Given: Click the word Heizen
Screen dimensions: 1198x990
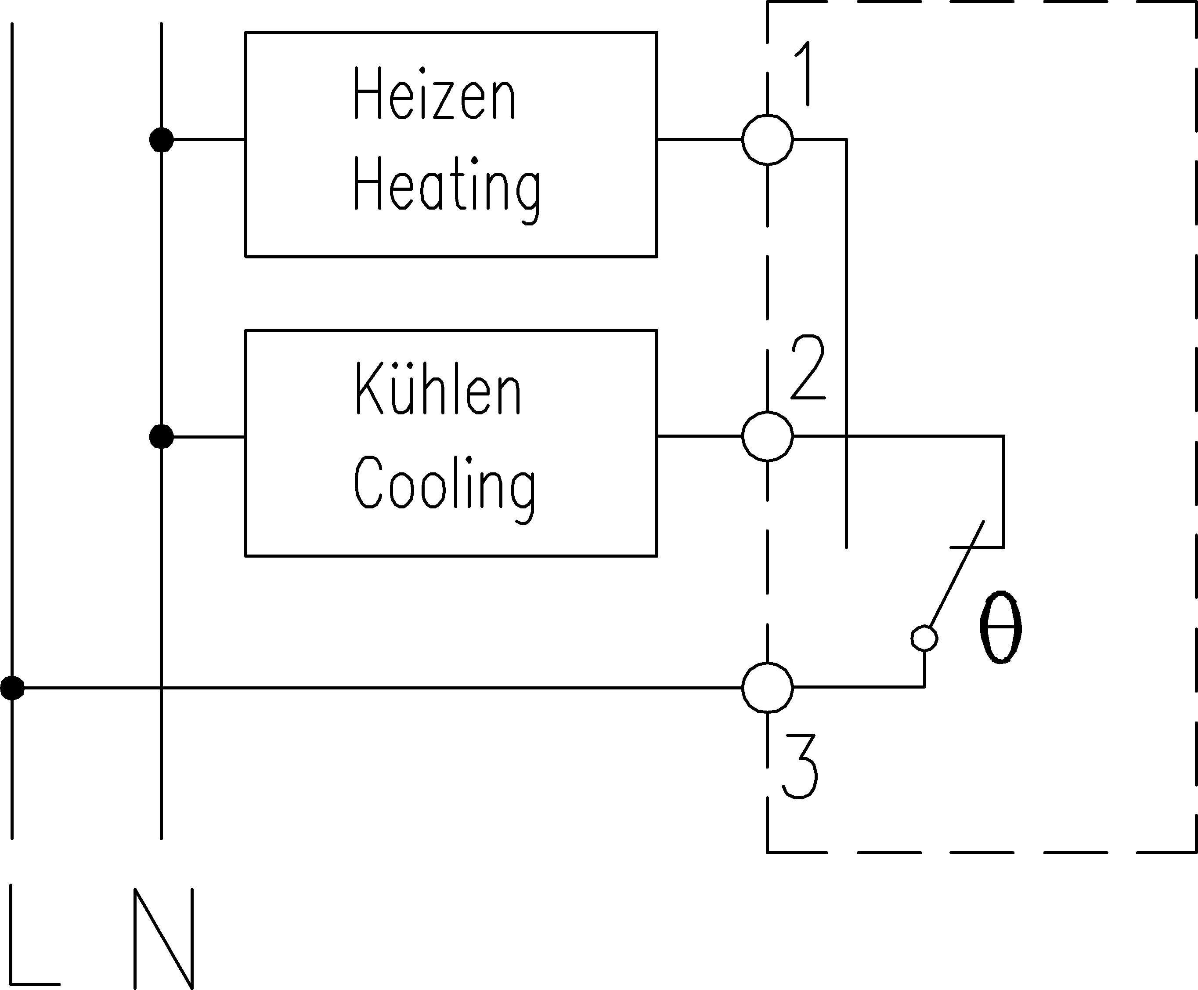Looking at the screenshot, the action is tap(434, 94).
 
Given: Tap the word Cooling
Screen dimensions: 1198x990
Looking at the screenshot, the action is tap(444, 488).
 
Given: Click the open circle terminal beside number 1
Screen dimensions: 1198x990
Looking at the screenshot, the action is tap(767, 139).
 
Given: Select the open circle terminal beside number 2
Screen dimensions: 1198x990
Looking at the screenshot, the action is tap(767, 436).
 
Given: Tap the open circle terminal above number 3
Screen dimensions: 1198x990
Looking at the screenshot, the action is tap(767, 687).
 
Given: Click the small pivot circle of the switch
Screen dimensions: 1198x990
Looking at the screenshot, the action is tap(924, 638).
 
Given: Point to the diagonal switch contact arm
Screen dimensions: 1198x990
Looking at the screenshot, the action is tap(957, 574).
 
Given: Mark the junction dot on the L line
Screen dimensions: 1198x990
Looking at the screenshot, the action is tap(13, 688).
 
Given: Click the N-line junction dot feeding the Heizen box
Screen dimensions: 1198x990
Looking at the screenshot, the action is tap(161, 140).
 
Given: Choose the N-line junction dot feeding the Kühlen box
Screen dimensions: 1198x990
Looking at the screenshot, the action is tap(161, 437).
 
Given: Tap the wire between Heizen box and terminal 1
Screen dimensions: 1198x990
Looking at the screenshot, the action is tap(700, 139).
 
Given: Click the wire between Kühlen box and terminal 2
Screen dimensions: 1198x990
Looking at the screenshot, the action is tap(700, 436).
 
